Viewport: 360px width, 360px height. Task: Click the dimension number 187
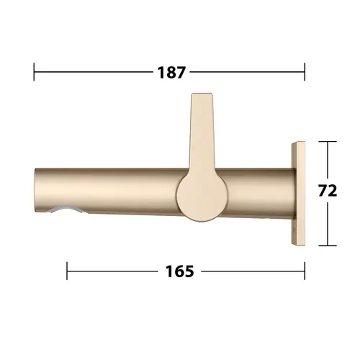pyautogui.click(x=171, y=72)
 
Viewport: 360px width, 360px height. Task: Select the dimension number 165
pyautogui.click(x=180, y=271)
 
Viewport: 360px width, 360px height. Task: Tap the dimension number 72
pyautogui.click(x=328, y=191)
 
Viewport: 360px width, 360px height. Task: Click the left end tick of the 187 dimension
pyautogui.click(x=34, y=72)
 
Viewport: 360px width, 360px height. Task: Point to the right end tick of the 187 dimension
pyautogui.click(x=305, y=72)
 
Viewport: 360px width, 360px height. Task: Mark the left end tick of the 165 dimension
pyautogui.click(x=67, y=271)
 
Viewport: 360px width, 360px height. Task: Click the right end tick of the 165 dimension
pyautogui.click(x=305, y=271)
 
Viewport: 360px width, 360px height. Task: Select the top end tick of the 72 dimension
pyautogui.click(x=328, y=142)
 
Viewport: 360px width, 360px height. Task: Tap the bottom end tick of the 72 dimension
pyautogui.click(x=328, y=246)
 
